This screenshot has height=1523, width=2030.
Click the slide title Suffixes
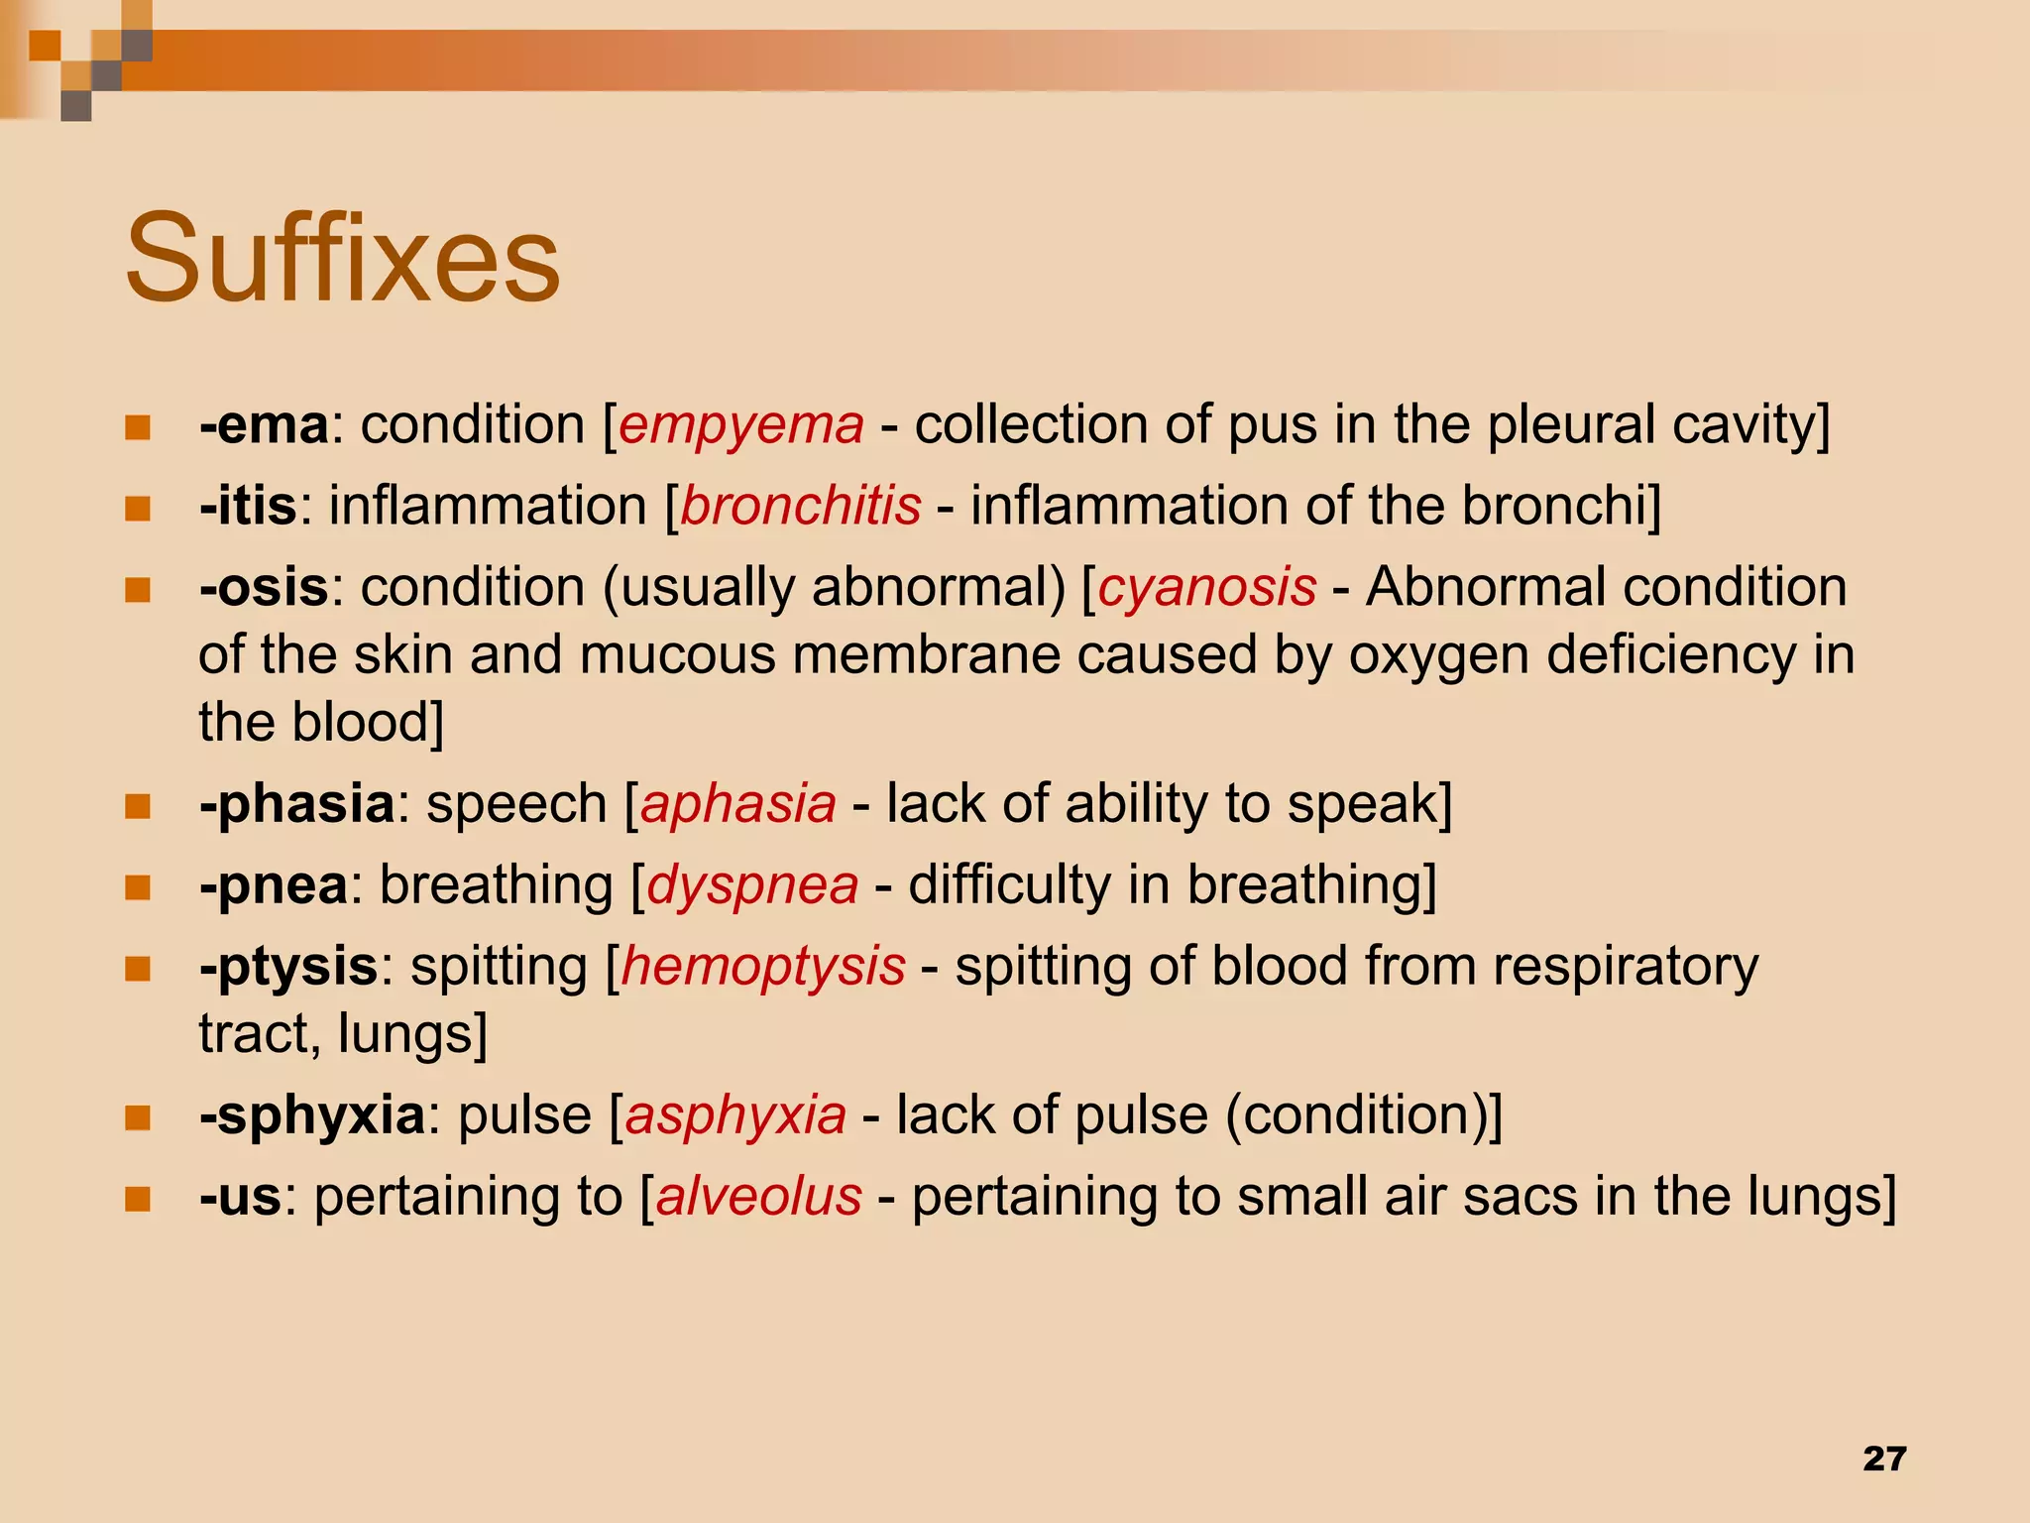(342, 260)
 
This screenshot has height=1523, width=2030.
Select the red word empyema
(741, 425)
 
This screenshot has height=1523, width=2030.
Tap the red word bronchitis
(801, 506)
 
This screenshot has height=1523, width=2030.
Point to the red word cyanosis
(1207, 587)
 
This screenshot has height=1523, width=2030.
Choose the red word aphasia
(738, 803)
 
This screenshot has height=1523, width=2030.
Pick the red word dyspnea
(752, 884)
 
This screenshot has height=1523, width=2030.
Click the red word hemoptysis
(763, 966)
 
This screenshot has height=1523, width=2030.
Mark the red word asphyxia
(735, 1114)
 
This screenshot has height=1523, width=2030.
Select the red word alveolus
(759, 1196)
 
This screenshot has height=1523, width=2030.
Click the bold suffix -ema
(264, 425)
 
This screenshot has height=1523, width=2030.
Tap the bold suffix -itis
(248, 506)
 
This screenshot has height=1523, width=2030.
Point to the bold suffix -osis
(264, 587)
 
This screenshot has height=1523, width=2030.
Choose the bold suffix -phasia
(296, 803)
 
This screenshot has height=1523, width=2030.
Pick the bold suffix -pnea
(274, 884)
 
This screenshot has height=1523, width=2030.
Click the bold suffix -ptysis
(288, 966)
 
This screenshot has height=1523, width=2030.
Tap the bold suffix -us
(241, 1196)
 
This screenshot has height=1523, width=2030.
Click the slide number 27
(1884, 1459)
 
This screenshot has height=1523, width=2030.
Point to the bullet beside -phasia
(138, 806)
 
